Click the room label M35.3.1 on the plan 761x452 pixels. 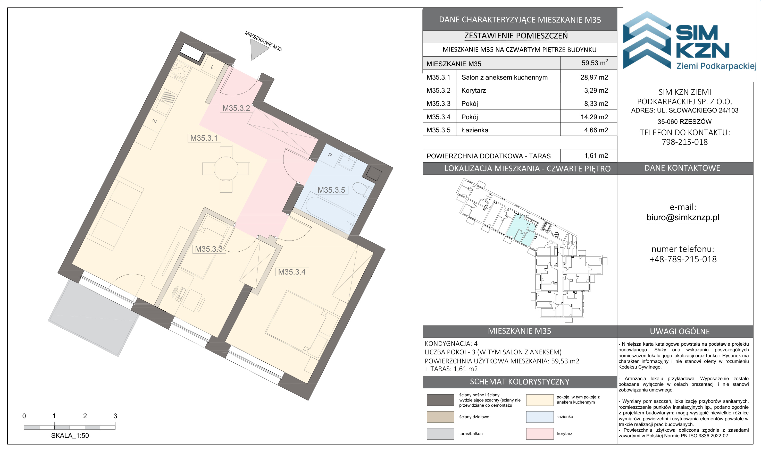click(x=204, y=138)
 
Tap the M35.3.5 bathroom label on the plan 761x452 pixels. click(x=331, y=190)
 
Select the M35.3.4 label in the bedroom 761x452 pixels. click(x=292, y=272)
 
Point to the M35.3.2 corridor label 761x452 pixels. click(x=236, y=108)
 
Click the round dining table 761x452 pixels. click(x=226, y=168)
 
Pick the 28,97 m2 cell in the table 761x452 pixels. click(x=594, y=77)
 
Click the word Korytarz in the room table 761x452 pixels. click(x=473, y=90)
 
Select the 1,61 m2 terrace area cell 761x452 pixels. click(x=596, y=156)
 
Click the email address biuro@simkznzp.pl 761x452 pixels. click(x=683, y=217)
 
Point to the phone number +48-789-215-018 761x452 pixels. click(x=683, y=259)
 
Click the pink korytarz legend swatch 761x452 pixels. click(x=539, y=434)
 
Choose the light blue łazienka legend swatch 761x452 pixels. click(x=539, y=417)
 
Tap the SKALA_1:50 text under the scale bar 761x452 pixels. click(x=70, y=436)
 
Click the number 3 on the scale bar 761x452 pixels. click(x=115, y=416)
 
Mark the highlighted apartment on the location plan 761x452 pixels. click(x=521, y=230)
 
